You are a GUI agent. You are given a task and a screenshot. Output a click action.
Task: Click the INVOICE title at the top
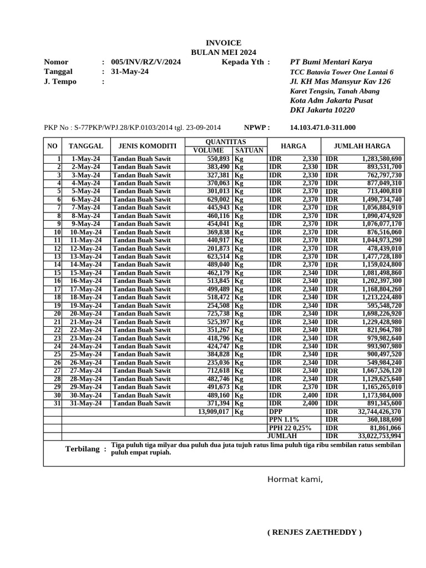[x=224, y=43]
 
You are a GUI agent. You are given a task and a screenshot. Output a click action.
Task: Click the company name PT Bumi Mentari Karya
[x=331, y=62]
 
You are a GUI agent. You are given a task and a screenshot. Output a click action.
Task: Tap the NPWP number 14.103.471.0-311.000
[x=323, y=128]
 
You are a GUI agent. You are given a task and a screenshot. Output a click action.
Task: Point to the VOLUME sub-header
[x=209, y=150]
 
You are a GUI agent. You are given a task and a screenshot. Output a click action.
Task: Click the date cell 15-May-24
[x=86, y=273]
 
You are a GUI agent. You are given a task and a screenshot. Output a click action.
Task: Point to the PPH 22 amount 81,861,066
[x=383, y=428]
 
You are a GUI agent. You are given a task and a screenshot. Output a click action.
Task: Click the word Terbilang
[x=83, y=449]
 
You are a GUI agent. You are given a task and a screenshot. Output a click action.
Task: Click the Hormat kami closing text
[x=295, y=480]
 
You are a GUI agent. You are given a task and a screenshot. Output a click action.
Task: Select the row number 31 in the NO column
[x=57, y=404]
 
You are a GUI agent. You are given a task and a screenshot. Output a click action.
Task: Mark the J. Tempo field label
[x=60, y=82]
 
